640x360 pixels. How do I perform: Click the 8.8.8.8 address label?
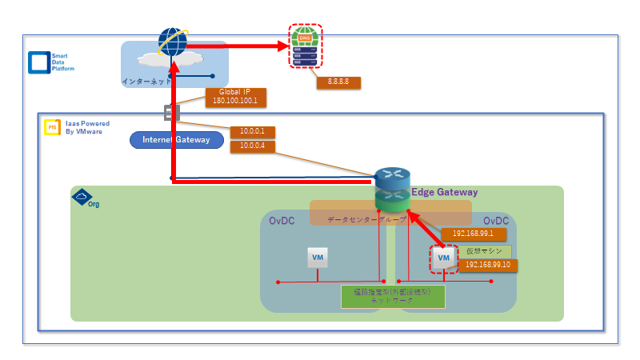(339, 82)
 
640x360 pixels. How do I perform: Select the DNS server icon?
(306, 46)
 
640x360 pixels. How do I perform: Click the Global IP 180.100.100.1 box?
(235, 97)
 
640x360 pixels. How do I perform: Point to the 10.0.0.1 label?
(253, 132)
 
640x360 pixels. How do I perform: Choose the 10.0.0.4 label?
(253, 146)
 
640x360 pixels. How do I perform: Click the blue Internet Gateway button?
(176, 140)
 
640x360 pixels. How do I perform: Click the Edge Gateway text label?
(444, 192)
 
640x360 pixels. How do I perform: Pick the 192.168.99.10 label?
(486, 265)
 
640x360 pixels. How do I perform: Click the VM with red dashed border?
(444, 258)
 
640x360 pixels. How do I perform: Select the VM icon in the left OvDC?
(318, 258)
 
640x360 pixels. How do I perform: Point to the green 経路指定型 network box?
(392, 296)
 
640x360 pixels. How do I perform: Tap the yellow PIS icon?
(52, 127)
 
